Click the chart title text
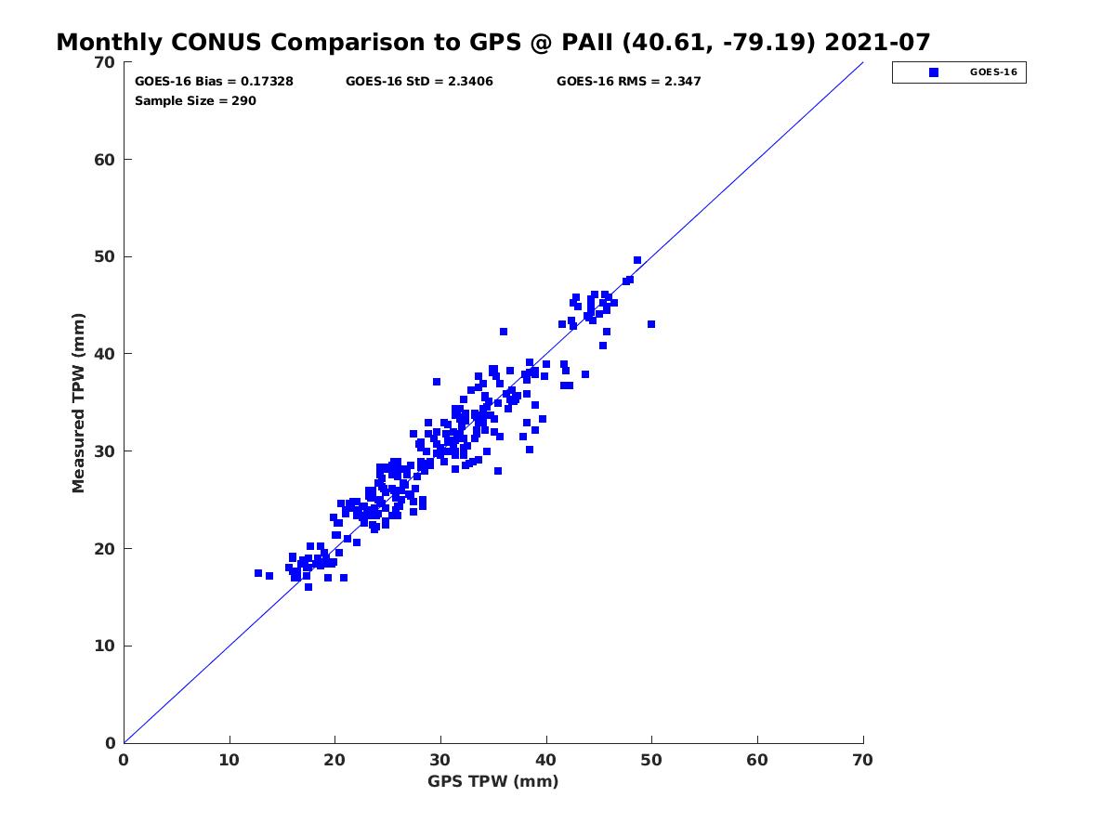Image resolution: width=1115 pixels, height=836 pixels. [x=492, y=42]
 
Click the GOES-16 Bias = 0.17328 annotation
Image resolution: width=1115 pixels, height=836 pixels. [x=214, y=81]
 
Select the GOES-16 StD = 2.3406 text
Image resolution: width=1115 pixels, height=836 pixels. [x=419, y=81]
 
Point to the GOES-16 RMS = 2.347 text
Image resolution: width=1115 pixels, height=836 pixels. [x=628, y=81]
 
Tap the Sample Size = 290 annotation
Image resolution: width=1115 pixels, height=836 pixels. [x=195, y=100]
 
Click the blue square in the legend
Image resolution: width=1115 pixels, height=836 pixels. [x=934, y=72]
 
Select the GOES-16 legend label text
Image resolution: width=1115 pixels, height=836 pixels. [x=993, y=72]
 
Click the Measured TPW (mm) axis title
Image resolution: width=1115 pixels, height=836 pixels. [x=78, y=402]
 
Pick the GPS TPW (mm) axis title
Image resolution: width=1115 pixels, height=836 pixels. [x=492, y=780]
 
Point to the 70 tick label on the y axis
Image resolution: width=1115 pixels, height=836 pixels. [x=105, y=62]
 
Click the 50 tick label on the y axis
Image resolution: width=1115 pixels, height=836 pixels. [x=105, y=257]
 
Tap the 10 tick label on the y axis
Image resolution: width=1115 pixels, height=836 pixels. [x=105, y=646]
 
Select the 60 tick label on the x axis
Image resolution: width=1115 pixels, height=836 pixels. [x=757, y=760]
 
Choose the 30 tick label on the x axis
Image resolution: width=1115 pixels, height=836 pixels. [x=439, y=760]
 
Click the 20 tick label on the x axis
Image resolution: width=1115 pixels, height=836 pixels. [x=334, y=760]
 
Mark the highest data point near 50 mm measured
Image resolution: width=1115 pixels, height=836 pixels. [x=637, y=260]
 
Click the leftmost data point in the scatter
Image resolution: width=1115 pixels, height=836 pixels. [x=258, y=573]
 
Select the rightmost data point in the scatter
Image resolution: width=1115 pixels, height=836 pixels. [x=651, y=324]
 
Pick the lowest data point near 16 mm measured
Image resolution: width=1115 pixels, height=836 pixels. [x=308, y=587]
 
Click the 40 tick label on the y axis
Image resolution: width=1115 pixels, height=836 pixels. [x=105, y=354]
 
